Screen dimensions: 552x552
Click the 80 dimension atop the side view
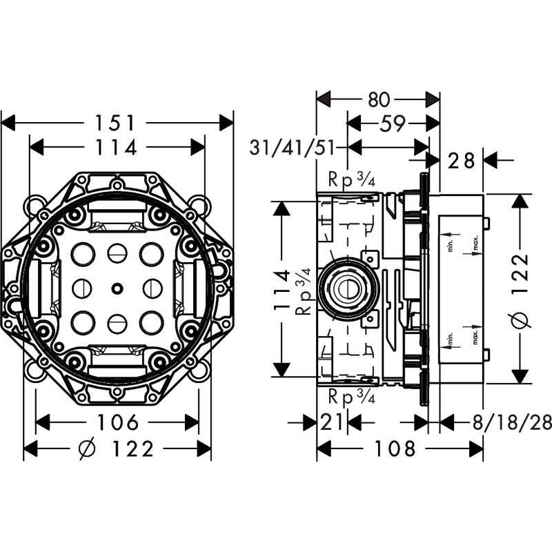[x=377, y=99]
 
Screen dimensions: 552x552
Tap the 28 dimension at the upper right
[x=462, y=160]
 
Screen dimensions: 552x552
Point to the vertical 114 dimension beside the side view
[x=282, y=289]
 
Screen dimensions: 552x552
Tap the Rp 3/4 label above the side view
[x=351, y=181]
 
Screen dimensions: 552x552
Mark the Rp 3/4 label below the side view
[x=351, y=397]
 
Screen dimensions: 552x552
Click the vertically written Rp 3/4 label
[x=304, y=290]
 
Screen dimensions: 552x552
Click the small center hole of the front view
[x=116, y=286]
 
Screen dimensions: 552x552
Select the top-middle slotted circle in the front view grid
[x=116, y=253]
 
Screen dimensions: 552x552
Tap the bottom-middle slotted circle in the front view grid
[x=116, y=320]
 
